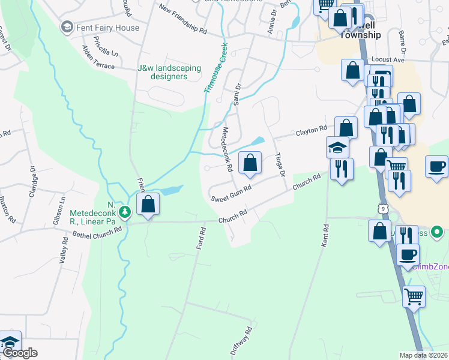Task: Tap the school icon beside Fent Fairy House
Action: (67, 27)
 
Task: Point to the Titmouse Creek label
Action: (215, 67)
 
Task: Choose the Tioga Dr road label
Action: (279, 161)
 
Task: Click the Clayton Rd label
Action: (310, 130)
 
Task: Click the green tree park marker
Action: (125, 212)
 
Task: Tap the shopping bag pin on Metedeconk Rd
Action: (250, 162)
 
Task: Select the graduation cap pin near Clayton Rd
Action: (338, 147)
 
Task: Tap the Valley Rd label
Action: (61, 249)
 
